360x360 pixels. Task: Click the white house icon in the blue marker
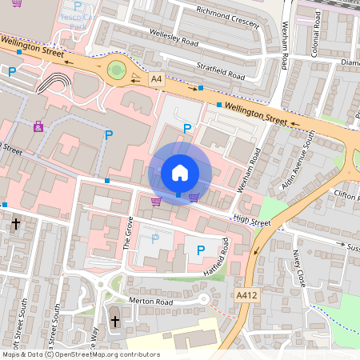coord(180,173)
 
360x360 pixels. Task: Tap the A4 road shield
coord(156,78)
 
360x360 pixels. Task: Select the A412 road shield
coord(249,295)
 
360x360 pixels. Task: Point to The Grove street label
coord(126,232)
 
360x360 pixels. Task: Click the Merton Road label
coord(151,302)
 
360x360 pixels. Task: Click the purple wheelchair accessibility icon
coord(38,126)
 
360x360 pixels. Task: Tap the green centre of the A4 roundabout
coord(118,70)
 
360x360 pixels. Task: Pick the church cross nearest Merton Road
coord(114,322)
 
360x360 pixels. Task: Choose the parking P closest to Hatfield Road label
coord(200,250)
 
